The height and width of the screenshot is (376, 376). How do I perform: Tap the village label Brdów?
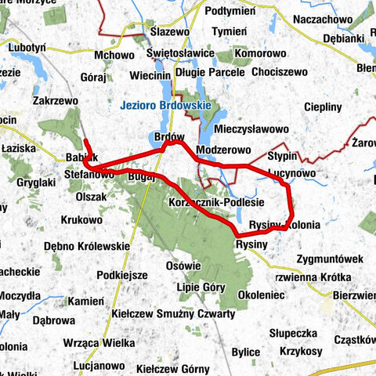(x=169, y=136)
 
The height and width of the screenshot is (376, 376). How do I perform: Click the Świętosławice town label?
(x=181, y=53)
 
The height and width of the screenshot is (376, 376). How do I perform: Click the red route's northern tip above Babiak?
(x=85, y=140)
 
